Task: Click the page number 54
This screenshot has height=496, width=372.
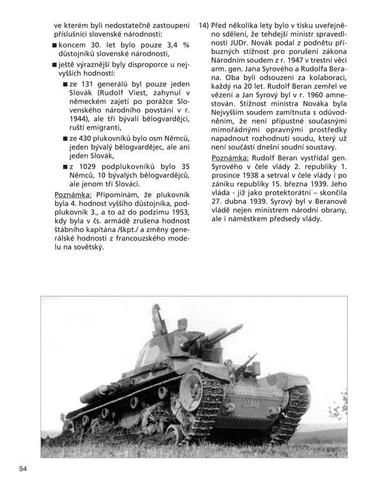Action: coord(23,468)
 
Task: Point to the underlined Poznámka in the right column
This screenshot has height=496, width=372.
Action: coord(230,158)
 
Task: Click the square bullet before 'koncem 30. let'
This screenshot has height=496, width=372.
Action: coord(55,45)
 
